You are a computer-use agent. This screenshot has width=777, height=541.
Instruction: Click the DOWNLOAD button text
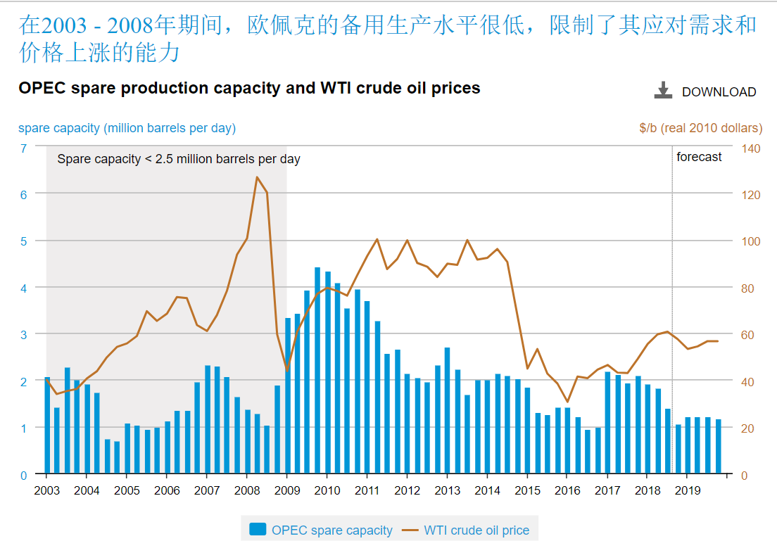(719, 92)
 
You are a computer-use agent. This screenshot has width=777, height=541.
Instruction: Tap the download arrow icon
(663, 90)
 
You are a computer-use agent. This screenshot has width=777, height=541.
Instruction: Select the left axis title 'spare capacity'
(127, 128)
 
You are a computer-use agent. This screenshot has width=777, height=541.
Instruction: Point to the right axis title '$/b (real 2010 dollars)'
(700, 128)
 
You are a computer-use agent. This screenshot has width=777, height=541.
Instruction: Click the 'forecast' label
(699, 157)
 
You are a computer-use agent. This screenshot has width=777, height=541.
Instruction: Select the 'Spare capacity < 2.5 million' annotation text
(179, 159)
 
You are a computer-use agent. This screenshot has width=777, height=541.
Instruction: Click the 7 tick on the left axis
(23, 148)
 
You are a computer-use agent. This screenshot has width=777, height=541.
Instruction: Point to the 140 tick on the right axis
(750, 148)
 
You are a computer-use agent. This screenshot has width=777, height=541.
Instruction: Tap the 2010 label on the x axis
(327, 491)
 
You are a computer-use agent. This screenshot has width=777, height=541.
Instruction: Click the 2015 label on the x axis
(527, 491)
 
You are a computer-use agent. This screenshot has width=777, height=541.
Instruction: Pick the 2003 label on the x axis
(46, 491)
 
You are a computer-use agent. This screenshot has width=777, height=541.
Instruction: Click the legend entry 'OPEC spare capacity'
(331, 530)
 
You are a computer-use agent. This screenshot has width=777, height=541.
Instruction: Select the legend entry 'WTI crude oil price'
(476, 530)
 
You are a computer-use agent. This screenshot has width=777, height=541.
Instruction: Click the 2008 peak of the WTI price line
(257, 177)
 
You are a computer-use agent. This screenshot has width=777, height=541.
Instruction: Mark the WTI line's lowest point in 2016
(567, 402)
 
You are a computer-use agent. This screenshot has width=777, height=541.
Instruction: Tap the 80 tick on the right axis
(750, 288)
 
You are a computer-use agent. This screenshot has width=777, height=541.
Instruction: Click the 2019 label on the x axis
(688, 491)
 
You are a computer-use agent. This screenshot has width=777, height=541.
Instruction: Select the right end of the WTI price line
(718, 341)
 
